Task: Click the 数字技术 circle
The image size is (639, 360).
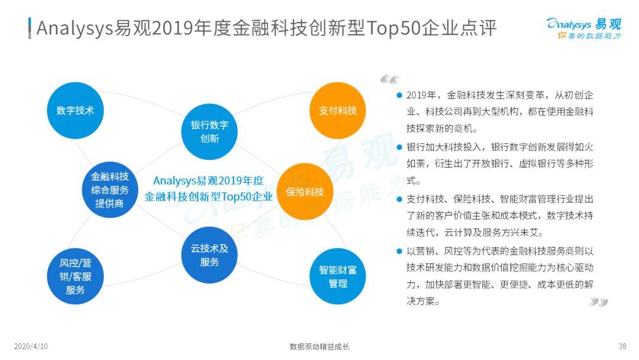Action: coord(75,110)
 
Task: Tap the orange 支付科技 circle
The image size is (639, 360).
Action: coord(338,110)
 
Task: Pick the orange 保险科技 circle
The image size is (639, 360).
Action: coord(305,191)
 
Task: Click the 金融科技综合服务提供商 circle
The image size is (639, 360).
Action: coord(109,190)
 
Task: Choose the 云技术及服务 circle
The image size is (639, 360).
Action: coord(209,255)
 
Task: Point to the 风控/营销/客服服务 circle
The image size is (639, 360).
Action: coord(75,277)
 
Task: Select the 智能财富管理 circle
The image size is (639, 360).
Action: coord(338,277)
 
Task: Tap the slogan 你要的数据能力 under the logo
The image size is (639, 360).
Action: coord(589,36)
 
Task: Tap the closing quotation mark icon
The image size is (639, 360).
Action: coord(599,302)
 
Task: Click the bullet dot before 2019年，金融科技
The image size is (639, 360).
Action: coord(399,95)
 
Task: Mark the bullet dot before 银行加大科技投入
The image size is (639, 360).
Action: coord(399,146)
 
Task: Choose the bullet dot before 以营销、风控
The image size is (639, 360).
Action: coord(399,251)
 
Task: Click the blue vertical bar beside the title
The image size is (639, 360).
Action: coord(30,27)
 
